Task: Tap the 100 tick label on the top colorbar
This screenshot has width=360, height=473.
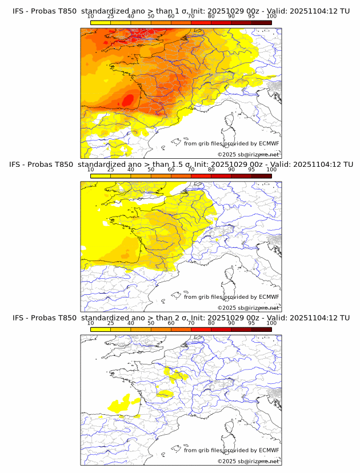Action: (x=271, y=17)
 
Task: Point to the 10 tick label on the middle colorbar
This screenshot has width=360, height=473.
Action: (x=91, y=170)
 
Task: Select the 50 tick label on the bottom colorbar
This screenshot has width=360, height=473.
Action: (x=151, y=323)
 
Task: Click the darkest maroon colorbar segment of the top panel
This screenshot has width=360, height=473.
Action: (x=261, y=23)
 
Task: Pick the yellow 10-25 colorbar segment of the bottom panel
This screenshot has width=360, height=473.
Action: (x=101, y=329)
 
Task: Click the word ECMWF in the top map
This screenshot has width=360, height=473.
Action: (x=269, y=143)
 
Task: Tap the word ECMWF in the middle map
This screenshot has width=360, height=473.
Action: (x=269, y=296)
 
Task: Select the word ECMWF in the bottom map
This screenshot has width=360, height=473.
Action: (x=269, y=450)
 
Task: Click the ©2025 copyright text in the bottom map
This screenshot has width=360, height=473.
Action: (x=226, y=461)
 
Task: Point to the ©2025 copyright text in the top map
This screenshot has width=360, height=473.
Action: (x=226, y=155)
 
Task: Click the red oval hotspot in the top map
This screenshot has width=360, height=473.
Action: (x=128, y=100)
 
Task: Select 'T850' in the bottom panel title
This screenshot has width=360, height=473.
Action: (x=65, y=318)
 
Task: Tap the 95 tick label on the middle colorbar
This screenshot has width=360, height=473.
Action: (x=251, y=170)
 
